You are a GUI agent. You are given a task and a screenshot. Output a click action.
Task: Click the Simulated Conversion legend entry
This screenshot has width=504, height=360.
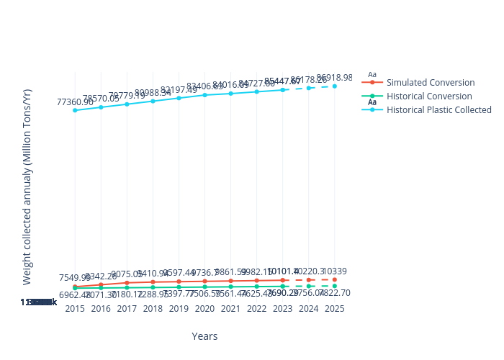click(430, 83)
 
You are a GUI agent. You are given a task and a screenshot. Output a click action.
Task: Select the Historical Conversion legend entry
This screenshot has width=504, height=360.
click(429, 96)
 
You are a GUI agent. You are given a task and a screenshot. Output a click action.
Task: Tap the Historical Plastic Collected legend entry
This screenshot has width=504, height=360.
click(438, 110)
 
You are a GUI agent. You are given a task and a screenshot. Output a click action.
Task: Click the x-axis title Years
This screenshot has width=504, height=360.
click(204, 336)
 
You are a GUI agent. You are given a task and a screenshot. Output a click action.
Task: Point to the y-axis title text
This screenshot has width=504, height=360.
click(27, 186)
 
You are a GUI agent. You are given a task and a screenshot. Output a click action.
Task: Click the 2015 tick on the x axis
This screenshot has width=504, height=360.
click(75, 308)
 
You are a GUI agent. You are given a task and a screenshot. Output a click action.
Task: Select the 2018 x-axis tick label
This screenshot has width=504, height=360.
click(153, 308)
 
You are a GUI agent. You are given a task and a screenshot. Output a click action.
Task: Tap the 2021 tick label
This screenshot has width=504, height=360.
click(230, 308)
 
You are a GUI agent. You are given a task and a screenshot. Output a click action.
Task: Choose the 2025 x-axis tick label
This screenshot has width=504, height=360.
click(334, 308)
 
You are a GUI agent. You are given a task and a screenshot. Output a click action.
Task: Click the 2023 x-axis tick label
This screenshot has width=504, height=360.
click(282, 308)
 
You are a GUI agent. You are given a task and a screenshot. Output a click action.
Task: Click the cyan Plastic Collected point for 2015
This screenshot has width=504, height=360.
click(75, 110)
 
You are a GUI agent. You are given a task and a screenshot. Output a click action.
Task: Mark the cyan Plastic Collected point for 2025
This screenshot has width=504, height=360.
click(334, 86)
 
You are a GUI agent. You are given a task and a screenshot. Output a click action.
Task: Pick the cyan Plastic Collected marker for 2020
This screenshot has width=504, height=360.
click(204, 95)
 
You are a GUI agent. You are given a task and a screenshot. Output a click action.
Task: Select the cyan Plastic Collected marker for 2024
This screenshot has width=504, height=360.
click(308, 88)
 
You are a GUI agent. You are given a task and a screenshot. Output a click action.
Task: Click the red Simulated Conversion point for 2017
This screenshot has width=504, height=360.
click(127, 283)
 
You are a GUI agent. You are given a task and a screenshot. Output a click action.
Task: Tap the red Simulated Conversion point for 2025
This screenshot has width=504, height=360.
click(334, 279)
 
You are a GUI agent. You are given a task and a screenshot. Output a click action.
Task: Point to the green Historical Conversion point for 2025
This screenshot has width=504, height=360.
click(334, 286)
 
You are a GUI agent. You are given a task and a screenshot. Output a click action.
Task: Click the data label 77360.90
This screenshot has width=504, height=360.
click(76, 102)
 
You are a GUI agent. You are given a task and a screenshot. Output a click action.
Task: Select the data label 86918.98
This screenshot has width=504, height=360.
click(334, 77)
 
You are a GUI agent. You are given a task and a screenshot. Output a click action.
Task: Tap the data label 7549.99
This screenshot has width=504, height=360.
click(75, 278)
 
